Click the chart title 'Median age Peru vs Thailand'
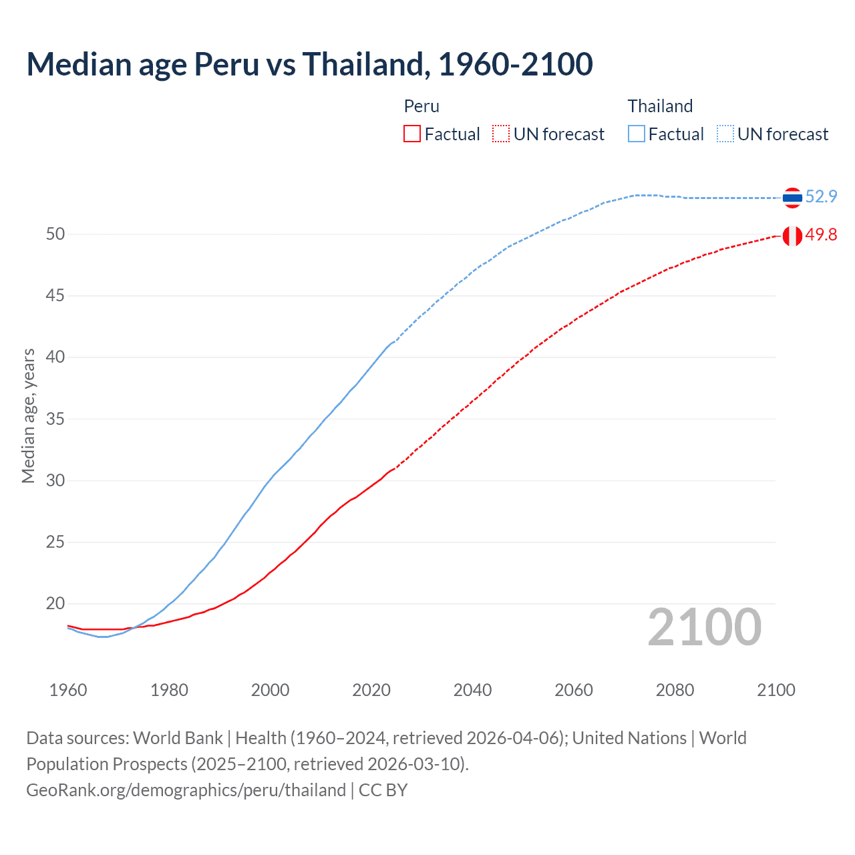[x=309, y=64]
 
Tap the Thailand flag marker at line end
[x=792, y=197]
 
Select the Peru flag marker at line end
[x=792, y=236]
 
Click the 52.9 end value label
[x=821, y=196]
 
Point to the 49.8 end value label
[x=821, y=235]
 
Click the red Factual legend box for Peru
[x=412, y=134]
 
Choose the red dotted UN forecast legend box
[x=501, y=134]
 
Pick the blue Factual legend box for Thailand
[x=637, y=134]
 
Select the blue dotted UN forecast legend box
[x=725, y=134]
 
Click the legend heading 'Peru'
[x=421, y=106]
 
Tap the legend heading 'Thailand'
[x=660, y=106]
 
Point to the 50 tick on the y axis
[x=55, y=234]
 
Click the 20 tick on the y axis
[x=55, y=604]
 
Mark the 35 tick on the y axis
[x=55, y=419]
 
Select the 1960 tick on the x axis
[x=68, y=690]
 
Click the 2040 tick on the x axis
[x=472, y=690]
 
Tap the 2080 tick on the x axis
[x=675, y=690]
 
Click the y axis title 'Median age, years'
[x=28, y=415]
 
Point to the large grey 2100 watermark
[x=704, y=627]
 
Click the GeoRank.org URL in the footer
[x=186, y=790]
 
